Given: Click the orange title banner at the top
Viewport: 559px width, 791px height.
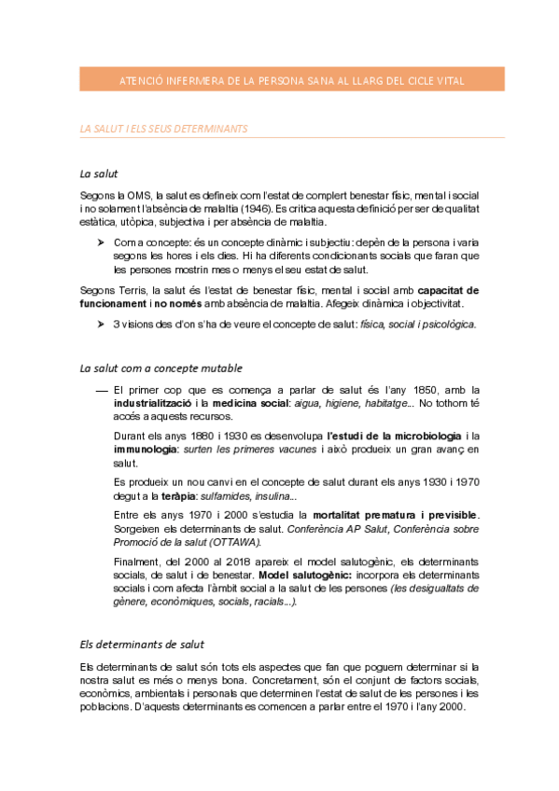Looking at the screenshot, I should tap(292, 81).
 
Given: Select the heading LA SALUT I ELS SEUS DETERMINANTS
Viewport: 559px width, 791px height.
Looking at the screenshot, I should tap(164, 128).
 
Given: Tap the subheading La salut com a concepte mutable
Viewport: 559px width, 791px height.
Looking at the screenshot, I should tap(161, 368).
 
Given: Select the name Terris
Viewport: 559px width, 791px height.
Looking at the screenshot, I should tap(135, 290).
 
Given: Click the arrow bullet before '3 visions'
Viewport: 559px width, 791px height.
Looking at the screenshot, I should tap(101, 325).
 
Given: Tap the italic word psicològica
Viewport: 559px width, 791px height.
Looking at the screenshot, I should tap(447, 325).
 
